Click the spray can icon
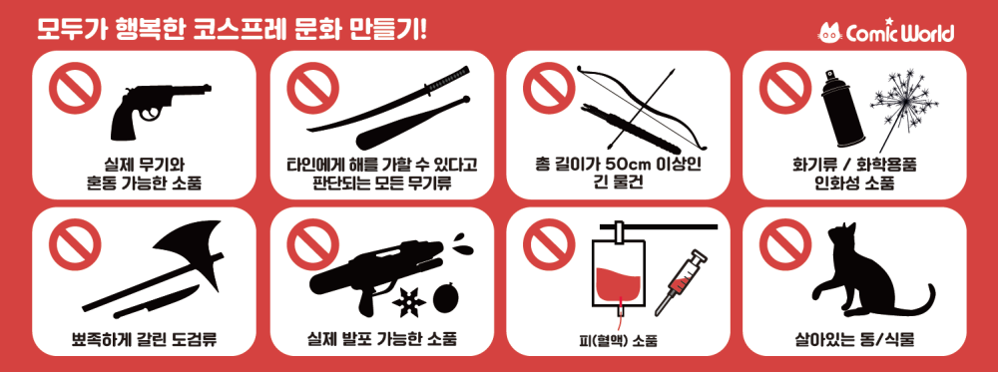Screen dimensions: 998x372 click(x=841, y=108)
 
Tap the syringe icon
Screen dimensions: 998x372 click(x=679, y=283)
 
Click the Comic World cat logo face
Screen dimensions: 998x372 click(x=830, y=33)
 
